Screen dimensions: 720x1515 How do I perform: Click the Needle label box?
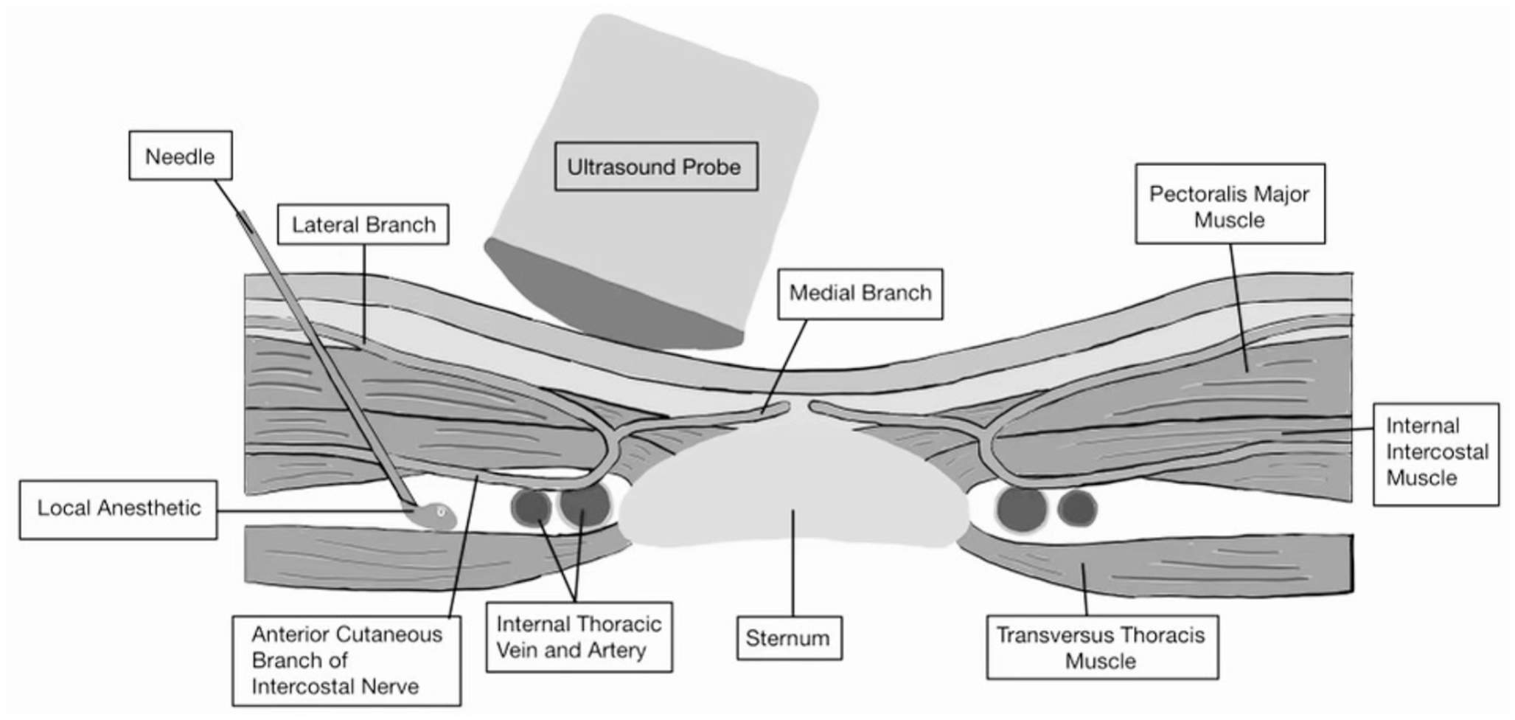click(181, 156)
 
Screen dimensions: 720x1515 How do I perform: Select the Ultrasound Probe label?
click(655, 167)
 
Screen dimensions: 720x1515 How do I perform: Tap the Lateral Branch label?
click(363, 224)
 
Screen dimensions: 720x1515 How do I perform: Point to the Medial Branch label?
click(860, 294)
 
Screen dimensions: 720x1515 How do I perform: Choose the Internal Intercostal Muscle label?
click(1435, 452)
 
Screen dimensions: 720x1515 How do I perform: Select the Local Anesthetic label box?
click(119, 509)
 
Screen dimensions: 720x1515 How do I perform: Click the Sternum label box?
click(789, 638)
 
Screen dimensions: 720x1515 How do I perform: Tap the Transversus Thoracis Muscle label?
click(1101, 648)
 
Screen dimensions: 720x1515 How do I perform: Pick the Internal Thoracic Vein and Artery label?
click(579, 637)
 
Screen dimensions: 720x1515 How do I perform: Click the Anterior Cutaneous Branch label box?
click(346, 660)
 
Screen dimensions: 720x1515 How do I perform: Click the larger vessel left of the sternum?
click(585, 505)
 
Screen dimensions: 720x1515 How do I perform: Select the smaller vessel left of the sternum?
click(531, 508)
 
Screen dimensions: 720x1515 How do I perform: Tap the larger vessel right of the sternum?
click(1022, 508)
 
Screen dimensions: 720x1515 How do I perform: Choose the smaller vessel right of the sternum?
click(1077, 508)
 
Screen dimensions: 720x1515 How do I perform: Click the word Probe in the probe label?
click(711, 167)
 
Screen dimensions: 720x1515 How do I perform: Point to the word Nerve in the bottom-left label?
click(386, 687)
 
